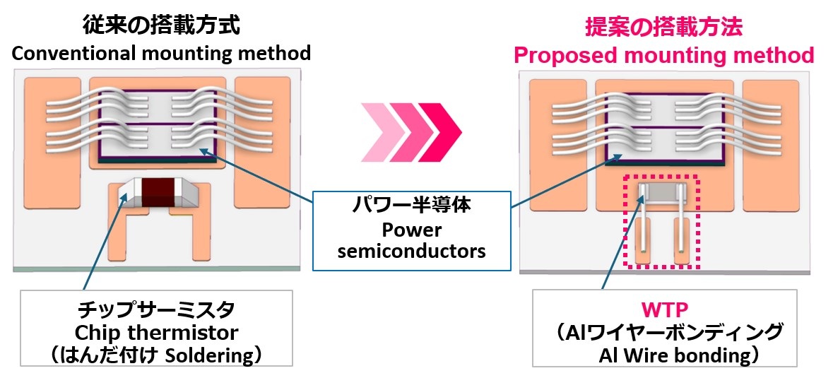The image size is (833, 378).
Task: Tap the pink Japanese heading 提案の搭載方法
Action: pyautogui.click(x=663, y=28)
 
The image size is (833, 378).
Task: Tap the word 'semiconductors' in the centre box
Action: pyautogui.click(x=411, y=251)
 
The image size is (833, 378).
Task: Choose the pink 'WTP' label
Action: pyautogui.click(x=663, y=309)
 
